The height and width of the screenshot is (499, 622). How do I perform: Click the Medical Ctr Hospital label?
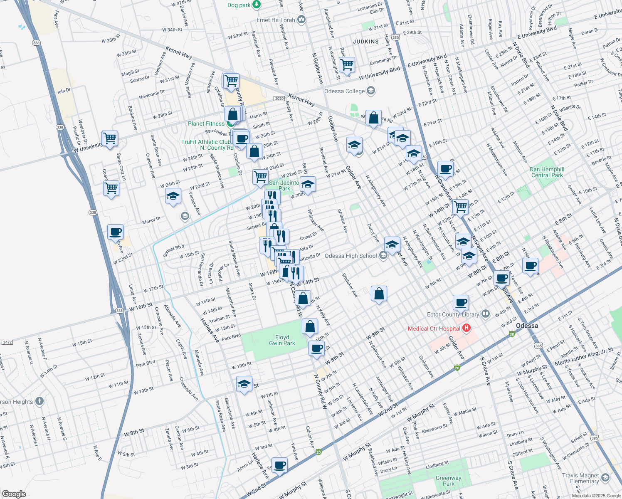pyautogui.click(x=434, y=329)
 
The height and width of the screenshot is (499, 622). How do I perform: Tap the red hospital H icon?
pyautogui.click(x=466, y=328)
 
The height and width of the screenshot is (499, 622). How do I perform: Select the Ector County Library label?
pyautogui.click(x=453, y=314)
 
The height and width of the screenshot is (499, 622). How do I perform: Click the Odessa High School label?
pyautogui.click(x=350, y=256)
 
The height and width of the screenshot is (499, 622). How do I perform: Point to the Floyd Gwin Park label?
pyautogui.click(x=282, y=340)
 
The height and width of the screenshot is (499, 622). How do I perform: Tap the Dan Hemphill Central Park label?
pyautogui.click(x=547, y=172)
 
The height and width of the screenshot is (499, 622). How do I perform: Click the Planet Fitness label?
pyautogui.click(x=206, y=124)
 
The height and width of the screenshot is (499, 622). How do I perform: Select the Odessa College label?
pyautogui.click(x=344, y=91)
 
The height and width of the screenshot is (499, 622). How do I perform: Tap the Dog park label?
pyautogui.click(x=239, y=5)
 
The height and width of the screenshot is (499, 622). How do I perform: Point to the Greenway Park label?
pyautogui.click(x=448, y=481)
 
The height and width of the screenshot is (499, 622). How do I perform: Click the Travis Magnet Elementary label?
pyautogui.click(x=580, y=478)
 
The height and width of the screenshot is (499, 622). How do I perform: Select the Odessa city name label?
pyautogui.click(x=527, y=326)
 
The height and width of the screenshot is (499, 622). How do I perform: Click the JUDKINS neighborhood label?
pyautogui.click(x=366, y=42)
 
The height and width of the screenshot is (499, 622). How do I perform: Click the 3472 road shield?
pyautogui.click(x=7, y=342)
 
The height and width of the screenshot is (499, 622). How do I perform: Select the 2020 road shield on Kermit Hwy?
pyautogui.click(x=279, y=99)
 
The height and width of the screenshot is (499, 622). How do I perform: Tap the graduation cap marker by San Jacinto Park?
pyautogui.click(x=308, y=184)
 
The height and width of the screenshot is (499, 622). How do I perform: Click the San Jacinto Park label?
pyautogui.click(x=284, y=185)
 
